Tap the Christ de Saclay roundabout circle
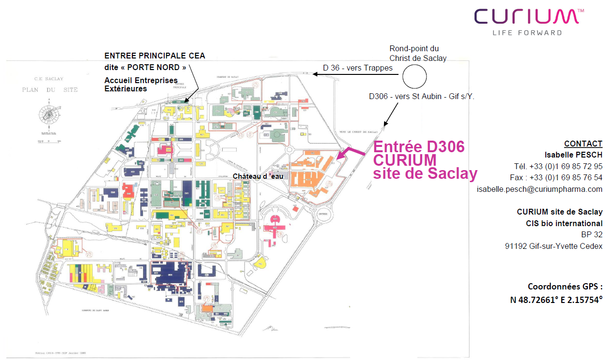tap(414, 76)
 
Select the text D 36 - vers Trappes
tap(358, 68)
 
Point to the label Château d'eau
tap(258, 176)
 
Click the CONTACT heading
tap(583, 144)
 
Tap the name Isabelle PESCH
tap(573, 155)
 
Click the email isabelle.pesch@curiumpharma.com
tap(540, 189)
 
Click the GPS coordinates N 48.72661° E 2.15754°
tap(556, 300)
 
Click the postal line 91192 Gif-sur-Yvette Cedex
tap(554, 246)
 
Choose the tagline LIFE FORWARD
tap(527, 33)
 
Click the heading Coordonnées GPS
tap(565, 286)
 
